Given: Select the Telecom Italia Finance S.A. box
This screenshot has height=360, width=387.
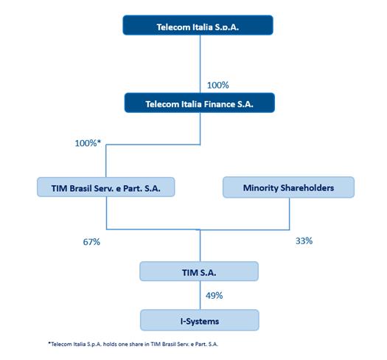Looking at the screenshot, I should point(199,104).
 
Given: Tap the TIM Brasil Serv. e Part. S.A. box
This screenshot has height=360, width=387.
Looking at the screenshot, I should point(106,187).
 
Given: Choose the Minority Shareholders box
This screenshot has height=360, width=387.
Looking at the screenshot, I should point(288,187).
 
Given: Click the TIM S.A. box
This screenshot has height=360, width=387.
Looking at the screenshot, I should point(199,271).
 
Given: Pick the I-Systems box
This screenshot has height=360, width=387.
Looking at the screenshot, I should point(199,319).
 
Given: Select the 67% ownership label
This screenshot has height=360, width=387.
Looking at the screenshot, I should point(92,241).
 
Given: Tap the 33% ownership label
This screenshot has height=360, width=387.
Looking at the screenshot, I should point(304,240).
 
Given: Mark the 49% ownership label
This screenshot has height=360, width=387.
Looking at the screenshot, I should point(214,295).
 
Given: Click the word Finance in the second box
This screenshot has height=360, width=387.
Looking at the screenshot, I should point(220,104).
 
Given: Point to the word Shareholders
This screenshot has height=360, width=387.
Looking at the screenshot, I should point(307,187).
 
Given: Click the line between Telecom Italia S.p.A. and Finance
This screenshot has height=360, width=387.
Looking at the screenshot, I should point(200,63).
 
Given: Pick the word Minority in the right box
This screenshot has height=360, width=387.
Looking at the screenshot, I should point(260,187).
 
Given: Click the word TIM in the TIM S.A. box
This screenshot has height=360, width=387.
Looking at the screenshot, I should point(189,271).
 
